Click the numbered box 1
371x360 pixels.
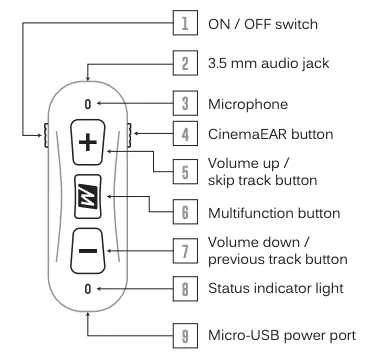click(x=185, y=23)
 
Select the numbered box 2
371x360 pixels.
click(x=185, y=63)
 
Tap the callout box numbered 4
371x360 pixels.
click(x=185, y=133)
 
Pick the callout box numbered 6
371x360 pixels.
click(x=185, y=212)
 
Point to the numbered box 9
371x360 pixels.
click(x=185, y=336)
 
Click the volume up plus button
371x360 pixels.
click(x=88, y=142)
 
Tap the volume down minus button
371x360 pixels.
click(x=88, y=251)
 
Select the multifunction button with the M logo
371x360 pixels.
click(x=88, y=197)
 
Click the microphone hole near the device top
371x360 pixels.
click(x=88, y=104)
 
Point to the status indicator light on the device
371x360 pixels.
click(x=88, y=289)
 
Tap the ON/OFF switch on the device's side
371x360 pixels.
click(x=46, y=135)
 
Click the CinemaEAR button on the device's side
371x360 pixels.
click(x=130, y=135)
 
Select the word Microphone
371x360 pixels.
click(x=248, y=104)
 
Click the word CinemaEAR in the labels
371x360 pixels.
click(x=248, y=134)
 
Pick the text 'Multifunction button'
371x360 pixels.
click(x=274, y=213)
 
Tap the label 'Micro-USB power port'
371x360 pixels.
click(x=282, y=335)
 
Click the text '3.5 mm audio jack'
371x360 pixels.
click(x=269, y=63)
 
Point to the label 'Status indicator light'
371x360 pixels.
click(x=276, y=288)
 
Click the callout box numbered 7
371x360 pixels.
click(x=185, y=251)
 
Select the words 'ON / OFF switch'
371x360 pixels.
click(x=263, y=24)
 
